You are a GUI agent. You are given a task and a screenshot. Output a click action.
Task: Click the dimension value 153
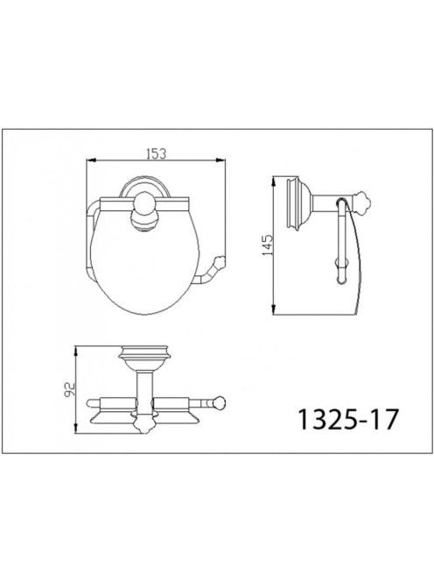[156, 153]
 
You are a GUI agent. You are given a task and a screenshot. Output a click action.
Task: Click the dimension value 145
[267, 245]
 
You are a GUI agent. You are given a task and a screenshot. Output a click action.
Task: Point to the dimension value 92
[70, 389]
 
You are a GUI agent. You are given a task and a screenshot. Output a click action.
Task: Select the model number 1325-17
[348, 420]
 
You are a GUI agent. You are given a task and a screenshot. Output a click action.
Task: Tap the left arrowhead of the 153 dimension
[91, 160]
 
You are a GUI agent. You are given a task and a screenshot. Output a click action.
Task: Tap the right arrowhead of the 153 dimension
[220, 160]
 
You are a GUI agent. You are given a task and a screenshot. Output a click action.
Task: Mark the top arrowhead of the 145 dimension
[274, 181]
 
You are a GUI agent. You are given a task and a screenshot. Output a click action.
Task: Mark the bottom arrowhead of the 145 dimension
[274, 310]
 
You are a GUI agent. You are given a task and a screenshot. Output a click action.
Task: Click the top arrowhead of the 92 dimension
[76, 351]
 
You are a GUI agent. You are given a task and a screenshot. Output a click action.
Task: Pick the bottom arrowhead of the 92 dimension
[76, 429]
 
